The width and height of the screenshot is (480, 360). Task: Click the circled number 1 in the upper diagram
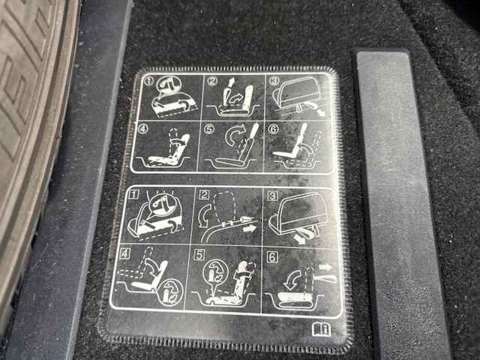pos(148,81)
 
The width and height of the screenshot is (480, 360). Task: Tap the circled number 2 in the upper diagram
pos(212,81)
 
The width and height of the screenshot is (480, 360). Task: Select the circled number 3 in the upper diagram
pos(274,80)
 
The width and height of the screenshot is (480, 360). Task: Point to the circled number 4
pos(143,128)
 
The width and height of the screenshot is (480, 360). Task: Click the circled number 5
pos(209,129)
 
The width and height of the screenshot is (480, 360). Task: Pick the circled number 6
pos(273,129)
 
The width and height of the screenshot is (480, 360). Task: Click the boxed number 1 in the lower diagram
pos(134,194)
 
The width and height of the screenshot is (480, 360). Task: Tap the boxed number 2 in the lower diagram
pos(204,195)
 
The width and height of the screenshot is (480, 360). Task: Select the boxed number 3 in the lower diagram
pos(271,196)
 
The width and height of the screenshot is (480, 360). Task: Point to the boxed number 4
pos(125,253)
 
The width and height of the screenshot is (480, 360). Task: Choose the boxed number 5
pos(199,255)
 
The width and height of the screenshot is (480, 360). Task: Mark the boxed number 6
pos(272,256)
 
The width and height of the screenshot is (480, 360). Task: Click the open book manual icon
pos(321,329)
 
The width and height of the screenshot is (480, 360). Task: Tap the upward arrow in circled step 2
pos(232,82)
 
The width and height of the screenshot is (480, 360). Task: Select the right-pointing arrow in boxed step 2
pos(249,229)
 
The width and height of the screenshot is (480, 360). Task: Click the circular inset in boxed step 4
pos(170,292)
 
